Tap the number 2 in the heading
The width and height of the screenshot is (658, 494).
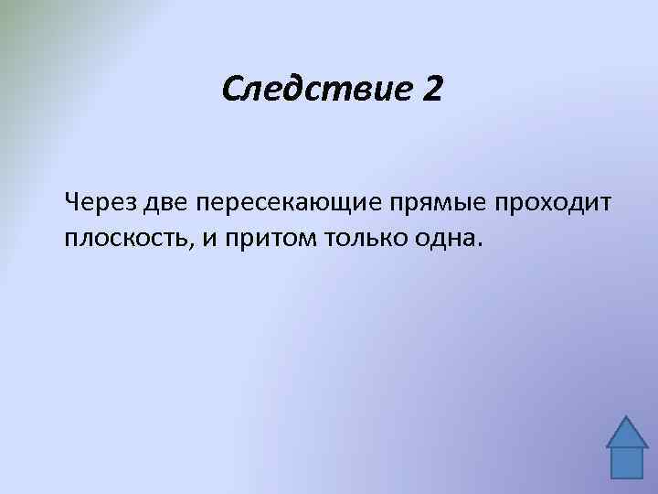(429, 89)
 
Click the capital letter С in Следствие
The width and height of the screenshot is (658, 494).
(231, 89)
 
